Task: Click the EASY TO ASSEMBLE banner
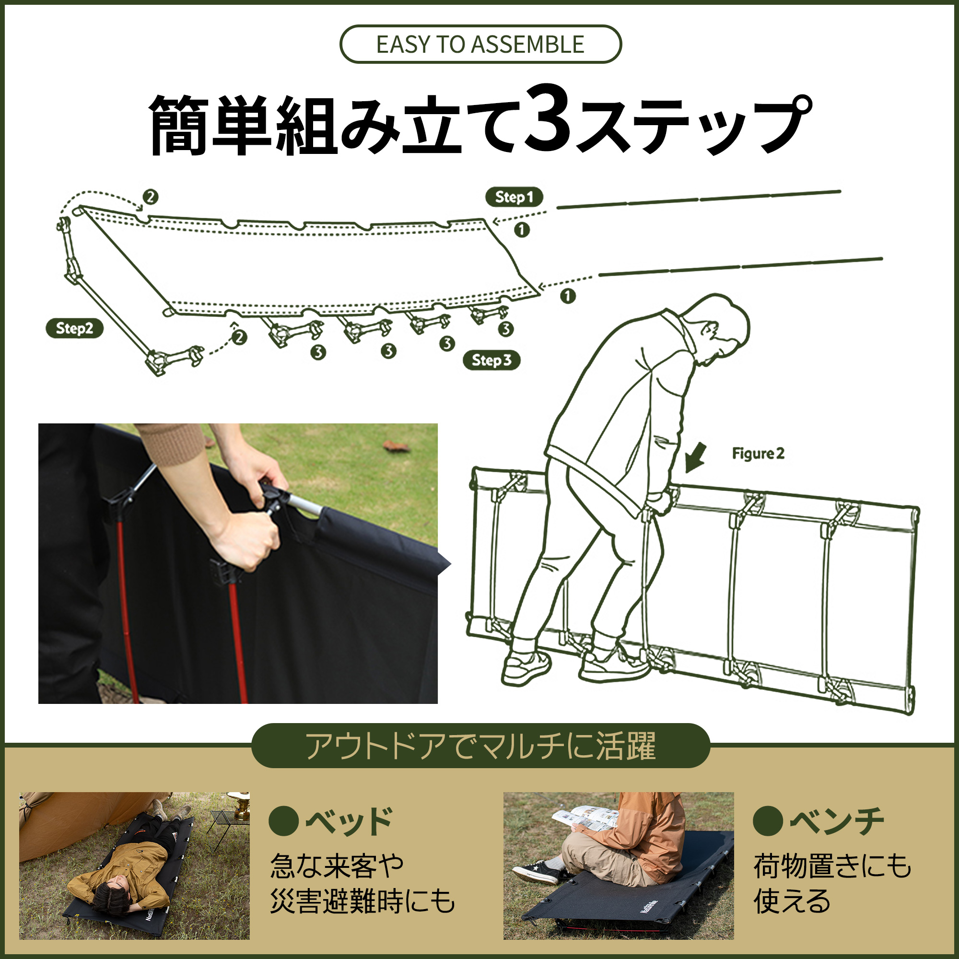[480, 44]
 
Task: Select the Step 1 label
[514, 197]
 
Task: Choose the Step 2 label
[74, 328]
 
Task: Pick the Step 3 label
[491, 360]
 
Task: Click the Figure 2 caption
[758, 453]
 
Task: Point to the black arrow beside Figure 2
[695, 457]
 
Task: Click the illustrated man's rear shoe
[526, 668]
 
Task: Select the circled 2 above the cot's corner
[151, 197]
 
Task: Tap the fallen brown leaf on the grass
[396, 446]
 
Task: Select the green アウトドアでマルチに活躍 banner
[480, 745]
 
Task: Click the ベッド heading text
[349, 821]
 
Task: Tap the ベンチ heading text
[837, 821]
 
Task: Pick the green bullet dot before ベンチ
[768, 821]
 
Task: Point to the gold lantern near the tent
[241, 806]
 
